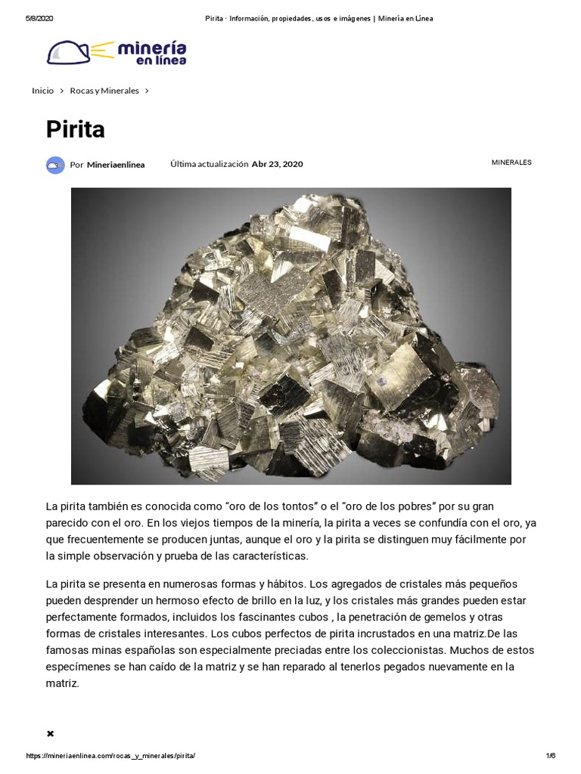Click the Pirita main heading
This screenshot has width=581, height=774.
(75, 130)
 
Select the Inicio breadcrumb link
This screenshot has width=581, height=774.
(42, 91)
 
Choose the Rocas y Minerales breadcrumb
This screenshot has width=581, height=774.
(104, 91)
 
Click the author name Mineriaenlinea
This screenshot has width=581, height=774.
(116, 164)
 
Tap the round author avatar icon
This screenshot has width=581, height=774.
(55, 165)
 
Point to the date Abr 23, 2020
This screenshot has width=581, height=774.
(277, 164)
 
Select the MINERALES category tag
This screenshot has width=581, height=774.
(511, 163)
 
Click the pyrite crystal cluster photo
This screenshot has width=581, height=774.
(290, 336)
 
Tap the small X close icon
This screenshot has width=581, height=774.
(50, 733)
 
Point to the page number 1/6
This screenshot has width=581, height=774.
(550, 757)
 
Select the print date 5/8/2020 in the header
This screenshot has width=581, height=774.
(39, 18)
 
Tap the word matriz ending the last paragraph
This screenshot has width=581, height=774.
(62, 683)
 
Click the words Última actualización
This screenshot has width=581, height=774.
(209, 164)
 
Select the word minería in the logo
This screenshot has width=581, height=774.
(151, 48)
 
